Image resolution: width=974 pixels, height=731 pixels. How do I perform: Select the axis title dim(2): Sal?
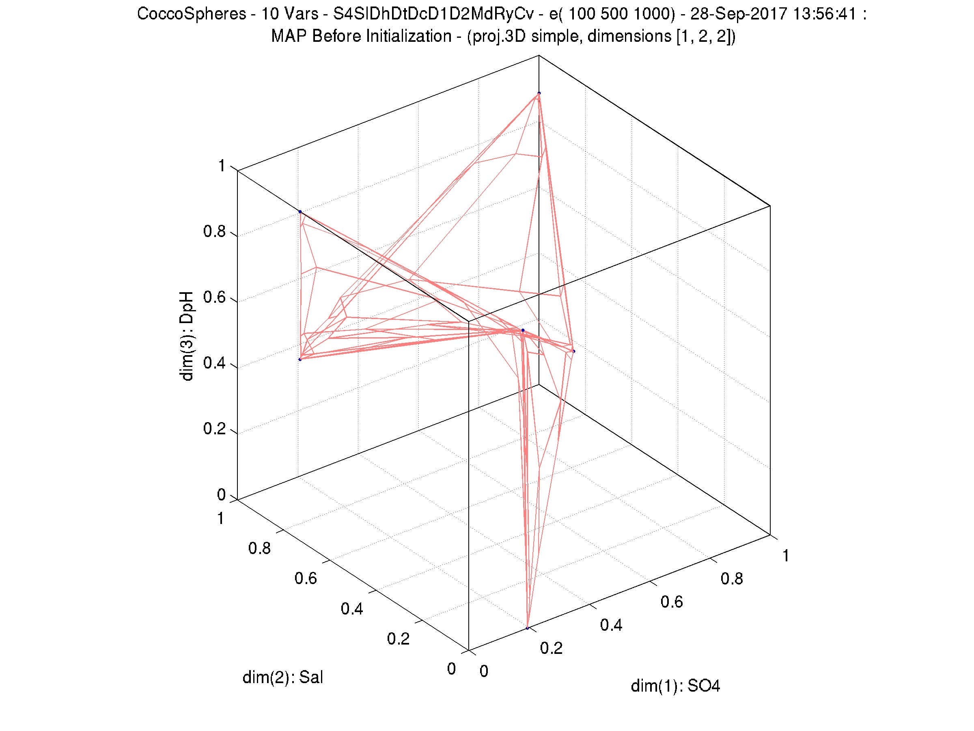(283, 677)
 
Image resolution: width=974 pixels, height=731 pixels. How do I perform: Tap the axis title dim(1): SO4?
(675, 686)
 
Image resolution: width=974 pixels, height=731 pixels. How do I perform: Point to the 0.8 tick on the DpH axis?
(214, 232)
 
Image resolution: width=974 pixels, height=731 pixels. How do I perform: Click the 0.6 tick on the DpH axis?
(214, 297)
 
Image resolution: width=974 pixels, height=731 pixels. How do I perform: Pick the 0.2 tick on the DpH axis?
(214, 429)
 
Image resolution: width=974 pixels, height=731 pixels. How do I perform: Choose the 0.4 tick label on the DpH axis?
(214, 363)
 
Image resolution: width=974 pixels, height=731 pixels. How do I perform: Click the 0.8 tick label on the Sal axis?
(259, 548)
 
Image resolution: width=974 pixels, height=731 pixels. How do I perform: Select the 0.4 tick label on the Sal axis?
(352, 608)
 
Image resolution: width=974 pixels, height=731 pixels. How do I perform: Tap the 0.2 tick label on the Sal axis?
(398, 638)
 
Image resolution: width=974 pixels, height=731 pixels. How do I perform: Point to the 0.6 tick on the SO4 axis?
(672, 602)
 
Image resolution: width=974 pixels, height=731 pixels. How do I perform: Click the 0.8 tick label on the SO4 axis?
(731, 579)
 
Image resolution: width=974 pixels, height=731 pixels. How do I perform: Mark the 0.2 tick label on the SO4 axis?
(551, 648)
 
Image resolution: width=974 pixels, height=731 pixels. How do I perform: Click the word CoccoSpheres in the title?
(192, 14)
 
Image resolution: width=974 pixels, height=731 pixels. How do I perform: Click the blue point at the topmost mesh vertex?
(539, 93)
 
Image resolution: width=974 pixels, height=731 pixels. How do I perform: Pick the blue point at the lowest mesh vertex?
(527, 628)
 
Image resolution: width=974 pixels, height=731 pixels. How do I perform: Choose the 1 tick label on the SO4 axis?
(786, 556)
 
